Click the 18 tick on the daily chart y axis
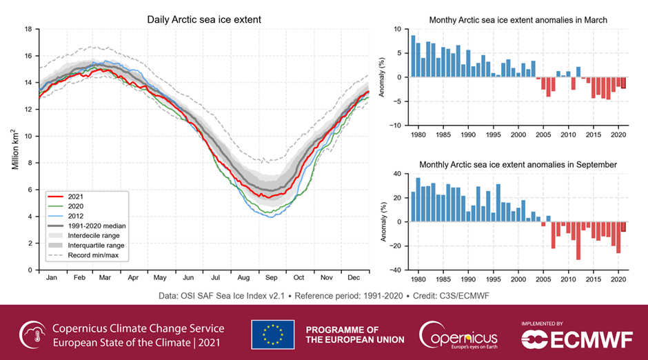(28, 30)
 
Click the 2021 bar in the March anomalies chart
(623, 83)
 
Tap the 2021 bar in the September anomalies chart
(623, 227)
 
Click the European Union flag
(272, 334)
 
